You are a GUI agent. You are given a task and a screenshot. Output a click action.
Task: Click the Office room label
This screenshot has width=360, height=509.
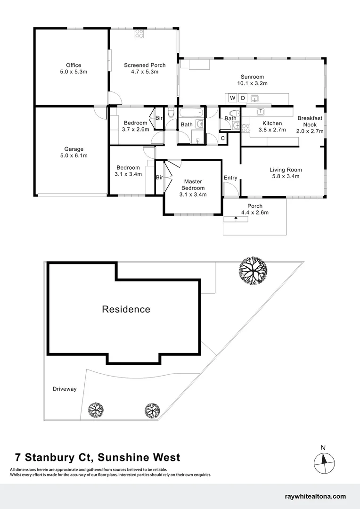74,65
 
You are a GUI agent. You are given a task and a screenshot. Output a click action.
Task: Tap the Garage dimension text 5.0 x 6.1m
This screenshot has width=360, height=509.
74,156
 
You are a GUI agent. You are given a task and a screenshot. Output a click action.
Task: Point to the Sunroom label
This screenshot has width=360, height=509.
252,77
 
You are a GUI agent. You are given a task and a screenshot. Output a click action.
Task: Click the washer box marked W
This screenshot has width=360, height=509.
232,98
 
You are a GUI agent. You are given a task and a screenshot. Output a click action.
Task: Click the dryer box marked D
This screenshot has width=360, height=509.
243,98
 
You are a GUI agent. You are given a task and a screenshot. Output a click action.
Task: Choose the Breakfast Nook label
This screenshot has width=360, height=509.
310,121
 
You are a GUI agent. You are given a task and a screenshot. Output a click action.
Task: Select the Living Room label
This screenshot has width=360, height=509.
286,170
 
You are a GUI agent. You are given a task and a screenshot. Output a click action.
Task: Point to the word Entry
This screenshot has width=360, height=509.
230,178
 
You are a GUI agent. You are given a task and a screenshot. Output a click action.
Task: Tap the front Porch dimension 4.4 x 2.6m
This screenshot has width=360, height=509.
255,213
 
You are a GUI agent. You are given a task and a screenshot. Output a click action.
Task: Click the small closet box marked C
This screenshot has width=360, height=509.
223,138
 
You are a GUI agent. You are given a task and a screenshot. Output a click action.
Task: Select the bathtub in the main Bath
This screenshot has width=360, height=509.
191,113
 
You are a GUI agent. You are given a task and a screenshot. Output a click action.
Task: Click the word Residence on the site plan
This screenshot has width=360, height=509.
126,310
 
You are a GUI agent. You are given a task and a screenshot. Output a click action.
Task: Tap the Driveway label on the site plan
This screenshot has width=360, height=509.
65,389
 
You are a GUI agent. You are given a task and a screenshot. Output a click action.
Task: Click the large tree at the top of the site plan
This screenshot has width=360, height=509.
253,270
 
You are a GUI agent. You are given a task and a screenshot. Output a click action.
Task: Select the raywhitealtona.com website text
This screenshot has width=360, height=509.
316,496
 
